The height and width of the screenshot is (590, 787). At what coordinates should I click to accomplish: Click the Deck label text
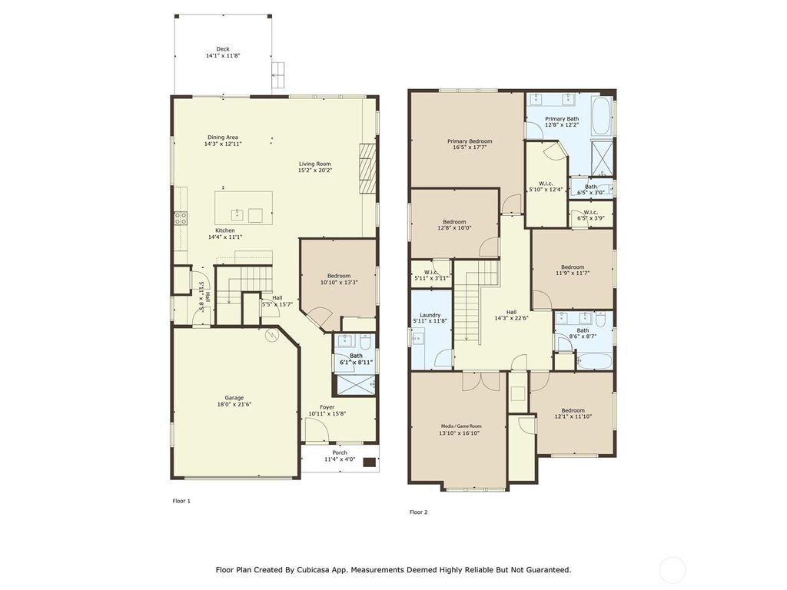pos(223,49)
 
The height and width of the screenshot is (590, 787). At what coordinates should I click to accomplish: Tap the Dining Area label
pos(223,138)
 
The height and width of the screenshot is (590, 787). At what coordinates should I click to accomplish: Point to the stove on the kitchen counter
pos(181,218)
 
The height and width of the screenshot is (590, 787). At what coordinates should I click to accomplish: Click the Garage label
pos(234,397)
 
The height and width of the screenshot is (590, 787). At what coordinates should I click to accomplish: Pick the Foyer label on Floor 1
pos(327,407)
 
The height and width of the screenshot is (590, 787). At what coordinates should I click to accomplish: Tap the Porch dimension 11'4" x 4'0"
pos(340,459)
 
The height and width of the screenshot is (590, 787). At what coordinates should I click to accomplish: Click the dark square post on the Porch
pos(369,462)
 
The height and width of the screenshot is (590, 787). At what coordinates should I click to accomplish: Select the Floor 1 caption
pos(181,501)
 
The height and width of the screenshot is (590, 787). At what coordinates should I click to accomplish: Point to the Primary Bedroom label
pos(470,141)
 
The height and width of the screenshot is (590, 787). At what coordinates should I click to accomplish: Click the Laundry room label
pos(430,315)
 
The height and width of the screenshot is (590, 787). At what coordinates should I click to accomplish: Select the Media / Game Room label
pos(460,426)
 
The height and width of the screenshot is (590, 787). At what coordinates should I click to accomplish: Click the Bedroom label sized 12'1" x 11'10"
pos(573,410)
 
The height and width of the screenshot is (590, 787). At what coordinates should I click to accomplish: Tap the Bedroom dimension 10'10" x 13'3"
pos(338,283)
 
